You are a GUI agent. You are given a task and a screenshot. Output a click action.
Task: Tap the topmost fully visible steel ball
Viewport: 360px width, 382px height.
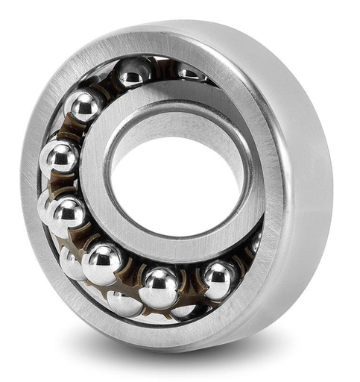[x=134, y=72]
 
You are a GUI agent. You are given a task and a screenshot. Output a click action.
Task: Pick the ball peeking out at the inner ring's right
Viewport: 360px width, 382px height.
[x=256, y=242]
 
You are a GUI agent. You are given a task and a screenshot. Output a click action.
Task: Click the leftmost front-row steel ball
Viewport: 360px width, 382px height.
[x=59, y=158]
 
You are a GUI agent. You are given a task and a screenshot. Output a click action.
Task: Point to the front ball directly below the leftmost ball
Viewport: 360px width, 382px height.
[x=68, y=214]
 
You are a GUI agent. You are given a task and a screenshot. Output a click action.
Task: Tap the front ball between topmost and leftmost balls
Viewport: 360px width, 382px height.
[x=83, y=105]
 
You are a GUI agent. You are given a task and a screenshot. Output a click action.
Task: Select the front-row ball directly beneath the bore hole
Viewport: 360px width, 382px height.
[x=160, y=286]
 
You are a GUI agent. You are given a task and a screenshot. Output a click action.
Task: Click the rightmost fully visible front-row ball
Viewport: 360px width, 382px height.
[x=218, y=278]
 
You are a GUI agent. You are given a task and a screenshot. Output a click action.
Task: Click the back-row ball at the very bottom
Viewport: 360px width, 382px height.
[x=124, y=303]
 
